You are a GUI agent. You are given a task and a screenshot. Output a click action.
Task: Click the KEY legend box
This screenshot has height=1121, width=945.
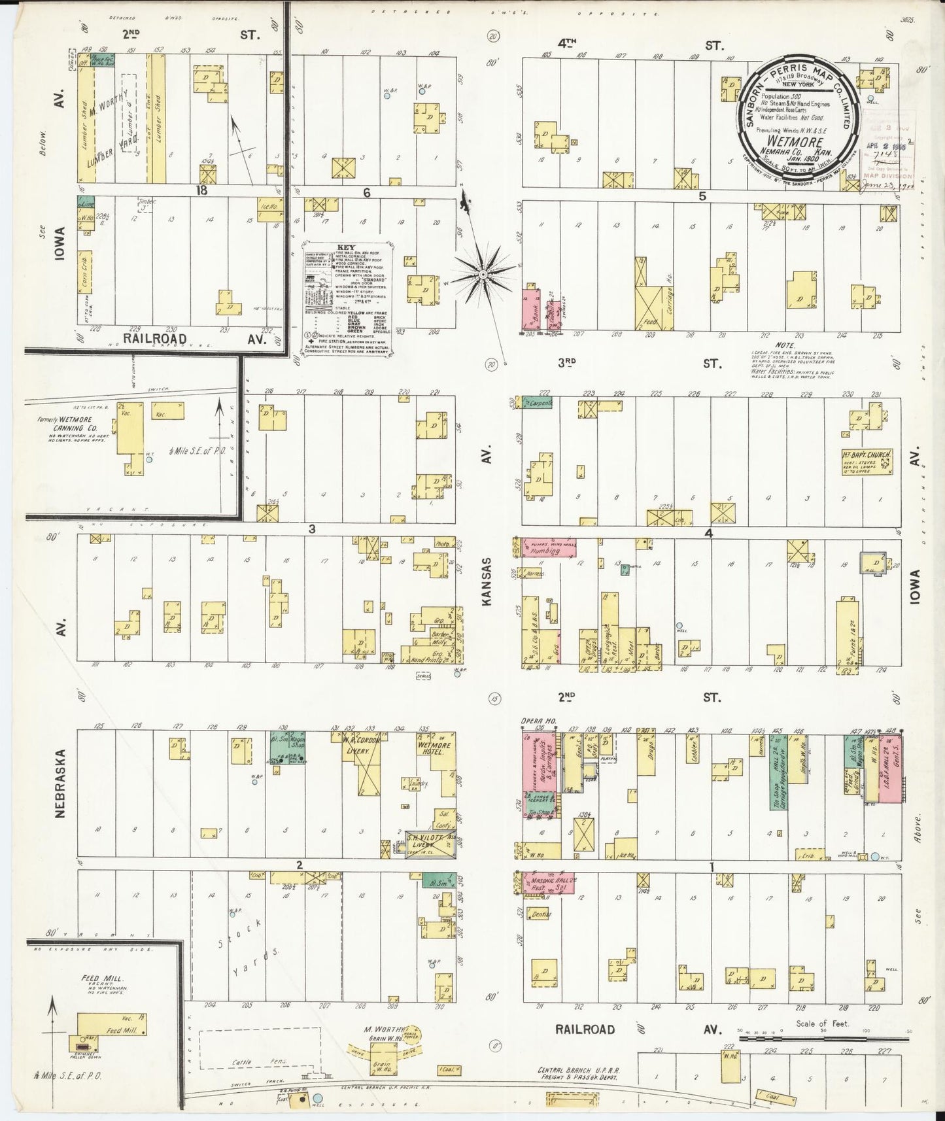coord(347,298)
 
